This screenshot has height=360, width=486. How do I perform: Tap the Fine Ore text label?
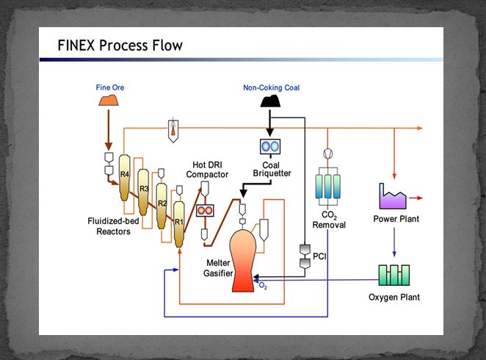(110, 88)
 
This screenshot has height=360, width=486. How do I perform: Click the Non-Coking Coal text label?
(272, 88)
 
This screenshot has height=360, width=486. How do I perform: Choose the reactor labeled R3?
(145, 190)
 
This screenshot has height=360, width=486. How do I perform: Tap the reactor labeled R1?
(178, 220)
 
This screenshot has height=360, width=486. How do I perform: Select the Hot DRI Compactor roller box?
(205, 210)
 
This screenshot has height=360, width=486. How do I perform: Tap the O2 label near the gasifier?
(263, 287)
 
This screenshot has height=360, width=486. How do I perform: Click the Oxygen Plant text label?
(395, 298)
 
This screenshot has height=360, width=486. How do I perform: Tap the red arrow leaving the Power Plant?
(416, 198)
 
